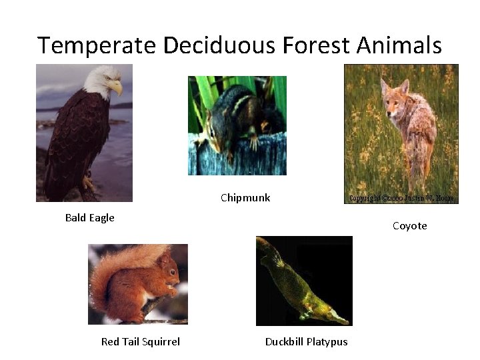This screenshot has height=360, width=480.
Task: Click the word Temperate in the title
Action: click(97, 46)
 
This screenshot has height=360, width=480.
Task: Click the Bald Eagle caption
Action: click(89, 217)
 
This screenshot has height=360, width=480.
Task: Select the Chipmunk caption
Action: click(245, 197)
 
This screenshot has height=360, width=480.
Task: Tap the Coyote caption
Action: click(409, 226)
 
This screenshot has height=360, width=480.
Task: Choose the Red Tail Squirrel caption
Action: click(140, 341)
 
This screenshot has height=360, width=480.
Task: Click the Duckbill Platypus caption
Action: click(306, 341)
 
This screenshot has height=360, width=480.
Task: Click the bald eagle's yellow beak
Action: click(117, 87)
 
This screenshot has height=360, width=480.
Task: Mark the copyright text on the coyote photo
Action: click(401, 198)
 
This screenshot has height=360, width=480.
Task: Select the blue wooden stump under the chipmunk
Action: click(237, 157)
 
